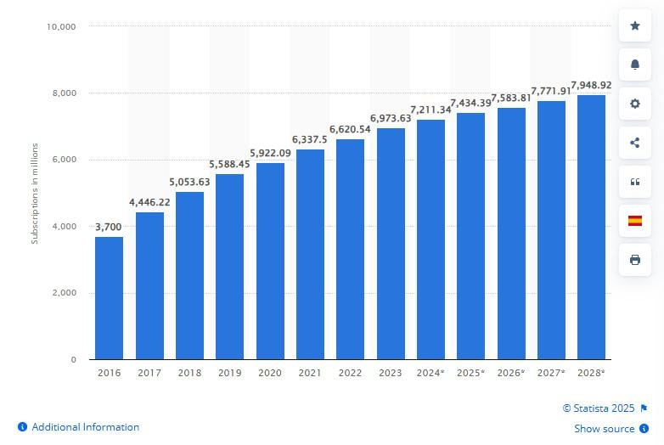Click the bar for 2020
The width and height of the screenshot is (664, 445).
point(270,261)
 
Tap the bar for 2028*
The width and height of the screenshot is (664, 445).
point(591,227)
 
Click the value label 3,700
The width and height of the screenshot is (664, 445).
point(109,227)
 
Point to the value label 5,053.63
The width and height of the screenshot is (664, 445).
point(189,182)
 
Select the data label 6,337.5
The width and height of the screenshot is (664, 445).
point(310,139)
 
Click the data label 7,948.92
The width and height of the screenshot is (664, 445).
point(591,85)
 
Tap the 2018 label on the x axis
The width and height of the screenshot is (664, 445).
point(189,373)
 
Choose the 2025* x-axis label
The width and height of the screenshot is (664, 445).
point(470,373)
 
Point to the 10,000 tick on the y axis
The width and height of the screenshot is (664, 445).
point(61,26)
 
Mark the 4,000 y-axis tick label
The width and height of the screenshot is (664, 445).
point(64,226)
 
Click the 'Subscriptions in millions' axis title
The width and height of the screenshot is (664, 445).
point(35,193)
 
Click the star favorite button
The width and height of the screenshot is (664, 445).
point(634,26)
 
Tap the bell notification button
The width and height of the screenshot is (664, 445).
point(634,65)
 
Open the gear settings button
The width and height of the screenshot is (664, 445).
point(634,104)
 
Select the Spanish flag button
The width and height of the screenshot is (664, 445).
point(634,221)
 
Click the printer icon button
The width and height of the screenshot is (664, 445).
point(634,260)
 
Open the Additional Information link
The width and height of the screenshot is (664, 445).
point(85,427)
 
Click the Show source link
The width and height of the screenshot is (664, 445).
point(605,429)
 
